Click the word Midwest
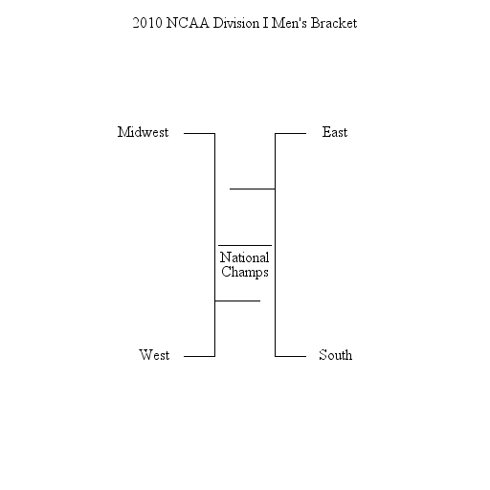click(x=143, y=132)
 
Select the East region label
click(x=335, y=132)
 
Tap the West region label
click(x=154, y=355)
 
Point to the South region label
click(x=336, y=355)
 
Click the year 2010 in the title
click(x=147, y=23)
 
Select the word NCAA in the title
click(x=188, y=23)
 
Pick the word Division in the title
click(x=236, y=23)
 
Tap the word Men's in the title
click(x=289, y=23)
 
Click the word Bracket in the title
click(x=334, y=23)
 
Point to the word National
click(x=244, y=257)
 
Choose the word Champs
click(x=245, y=272)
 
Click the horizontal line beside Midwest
click(x=199, y=133)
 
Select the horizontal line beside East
click(x=290, y=133)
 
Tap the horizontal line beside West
click(x=199, y=356)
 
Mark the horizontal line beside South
click(x=290, y=356)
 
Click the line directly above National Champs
click(x=245, y=245)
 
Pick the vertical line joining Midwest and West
click(x=215, y=245)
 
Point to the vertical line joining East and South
click(x=275, y=245)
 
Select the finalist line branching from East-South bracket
click(x=253, y=189)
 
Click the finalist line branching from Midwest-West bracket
click(x=237, y=301)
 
